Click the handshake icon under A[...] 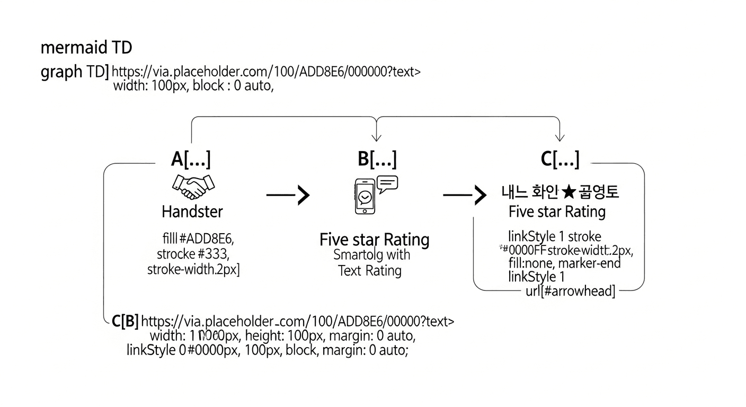(x=193, y=185)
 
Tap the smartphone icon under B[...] (x=364, y=197)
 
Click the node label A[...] (x=191, y=158)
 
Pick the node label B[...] (x=377, y=158)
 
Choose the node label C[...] (x=559, y=158)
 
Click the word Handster (x=192, y=212)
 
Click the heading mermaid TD (x=86, y=48)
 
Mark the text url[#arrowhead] (x=570, y=290)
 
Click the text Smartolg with (x=371, y=254)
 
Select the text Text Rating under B (x=370, y=271)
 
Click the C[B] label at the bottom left (x=126, y=321)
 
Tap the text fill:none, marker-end (x=564, y=262)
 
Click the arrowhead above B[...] (x=376, y=137)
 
